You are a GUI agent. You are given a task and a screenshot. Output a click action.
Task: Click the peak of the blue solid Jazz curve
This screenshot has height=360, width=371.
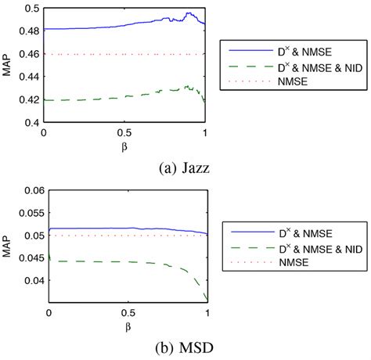(189, 13)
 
